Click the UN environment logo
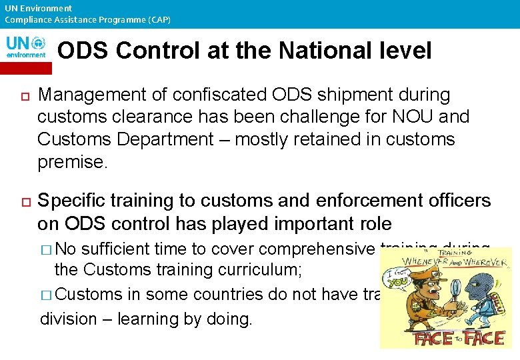26,47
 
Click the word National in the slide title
328,50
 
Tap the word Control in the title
158,50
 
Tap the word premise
72,162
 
